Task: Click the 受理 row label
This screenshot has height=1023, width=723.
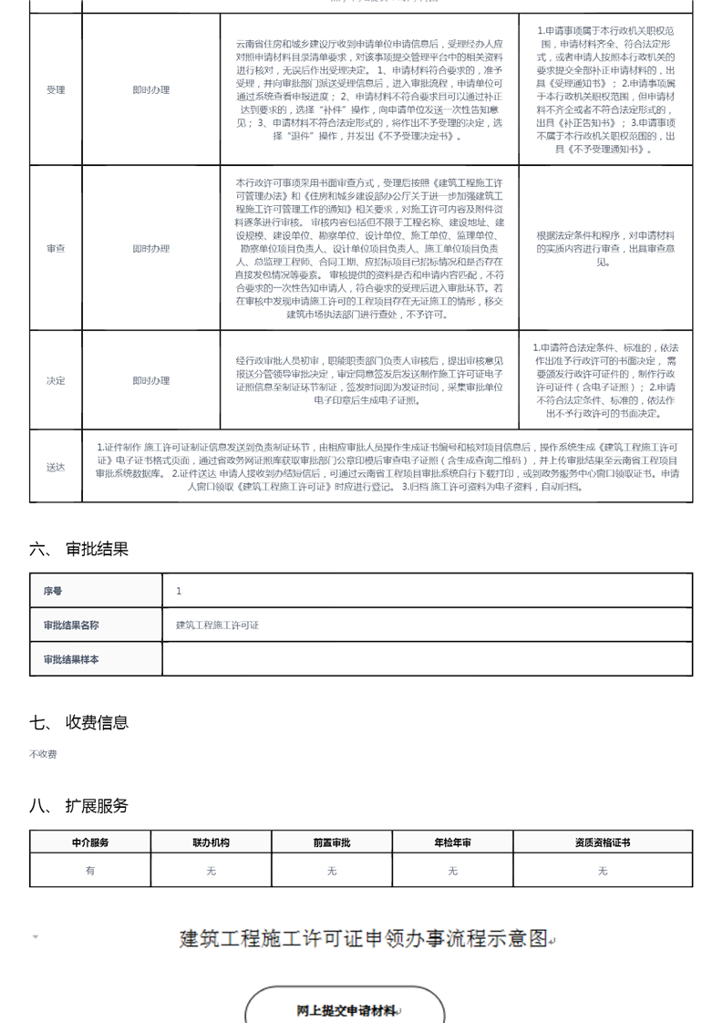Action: click(56, 90)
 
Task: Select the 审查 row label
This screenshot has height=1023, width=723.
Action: click(56, 248)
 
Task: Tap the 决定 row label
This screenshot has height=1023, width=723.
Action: click(56, 380)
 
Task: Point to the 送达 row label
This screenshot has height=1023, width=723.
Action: click(56, 467)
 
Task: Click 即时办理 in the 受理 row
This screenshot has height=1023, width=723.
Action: click(150, 90)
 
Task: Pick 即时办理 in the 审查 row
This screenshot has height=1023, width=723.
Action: click(150, 248)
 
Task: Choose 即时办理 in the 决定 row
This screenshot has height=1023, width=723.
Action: click(150, 380)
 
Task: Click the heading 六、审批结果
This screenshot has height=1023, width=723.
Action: click(79, 549)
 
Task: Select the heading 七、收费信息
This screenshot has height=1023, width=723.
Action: click(79, 722)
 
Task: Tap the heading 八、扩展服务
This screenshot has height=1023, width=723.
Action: click(79, 806)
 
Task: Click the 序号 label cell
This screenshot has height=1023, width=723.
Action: click(53, 591)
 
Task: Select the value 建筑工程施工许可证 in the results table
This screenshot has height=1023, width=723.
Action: click(217, 625)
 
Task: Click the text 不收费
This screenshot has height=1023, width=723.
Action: click(43, 755)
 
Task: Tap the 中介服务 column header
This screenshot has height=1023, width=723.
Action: click(89, 842)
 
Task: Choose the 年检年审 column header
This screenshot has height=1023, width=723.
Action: click(452, 842)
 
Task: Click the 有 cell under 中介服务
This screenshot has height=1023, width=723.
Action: click(89, 871)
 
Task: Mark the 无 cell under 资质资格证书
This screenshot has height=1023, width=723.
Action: click(602, 871)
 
